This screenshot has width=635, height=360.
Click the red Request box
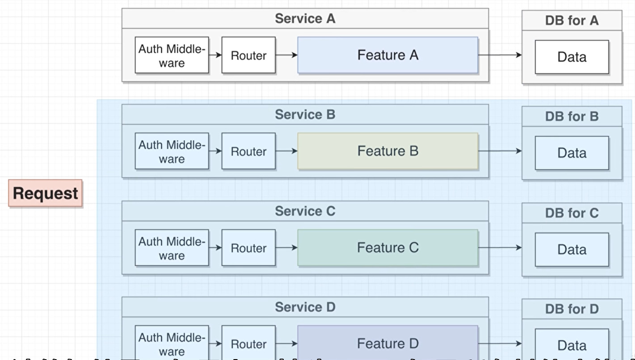tap(45, 193)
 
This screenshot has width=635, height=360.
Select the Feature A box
tap(387, 55)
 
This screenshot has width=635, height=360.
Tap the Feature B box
tap(387, 151)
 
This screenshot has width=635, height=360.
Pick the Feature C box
tap(387, 247)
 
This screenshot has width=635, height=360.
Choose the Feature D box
tap(387, 343)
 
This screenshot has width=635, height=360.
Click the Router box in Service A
tap(248, 55)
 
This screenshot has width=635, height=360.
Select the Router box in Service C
tap(248, 248)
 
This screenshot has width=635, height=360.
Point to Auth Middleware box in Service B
tap(172, 151)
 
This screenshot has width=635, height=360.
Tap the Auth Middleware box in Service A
tap(172, 55)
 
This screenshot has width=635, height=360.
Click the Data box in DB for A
tap(572, 57)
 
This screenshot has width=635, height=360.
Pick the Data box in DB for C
tap(572, 249)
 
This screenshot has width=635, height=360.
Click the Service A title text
tap(305, 19)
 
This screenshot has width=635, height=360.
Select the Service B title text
tap(305, 115)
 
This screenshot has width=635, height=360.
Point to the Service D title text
tap(305, 307)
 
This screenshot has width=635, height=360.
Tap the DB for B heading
tap(572, 117)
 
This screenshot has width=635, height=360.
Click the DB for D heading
tap(572, 309)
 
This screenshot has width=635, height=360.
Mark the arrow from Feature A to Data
tap(500, 55)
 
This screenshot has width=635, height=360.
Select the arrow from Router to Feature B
tap(286, 151)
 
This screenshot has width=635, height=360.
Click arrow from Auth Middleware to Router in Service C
tap(215, 247)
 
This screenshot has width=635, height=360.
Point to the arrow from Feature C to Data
tap(500, 247)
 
